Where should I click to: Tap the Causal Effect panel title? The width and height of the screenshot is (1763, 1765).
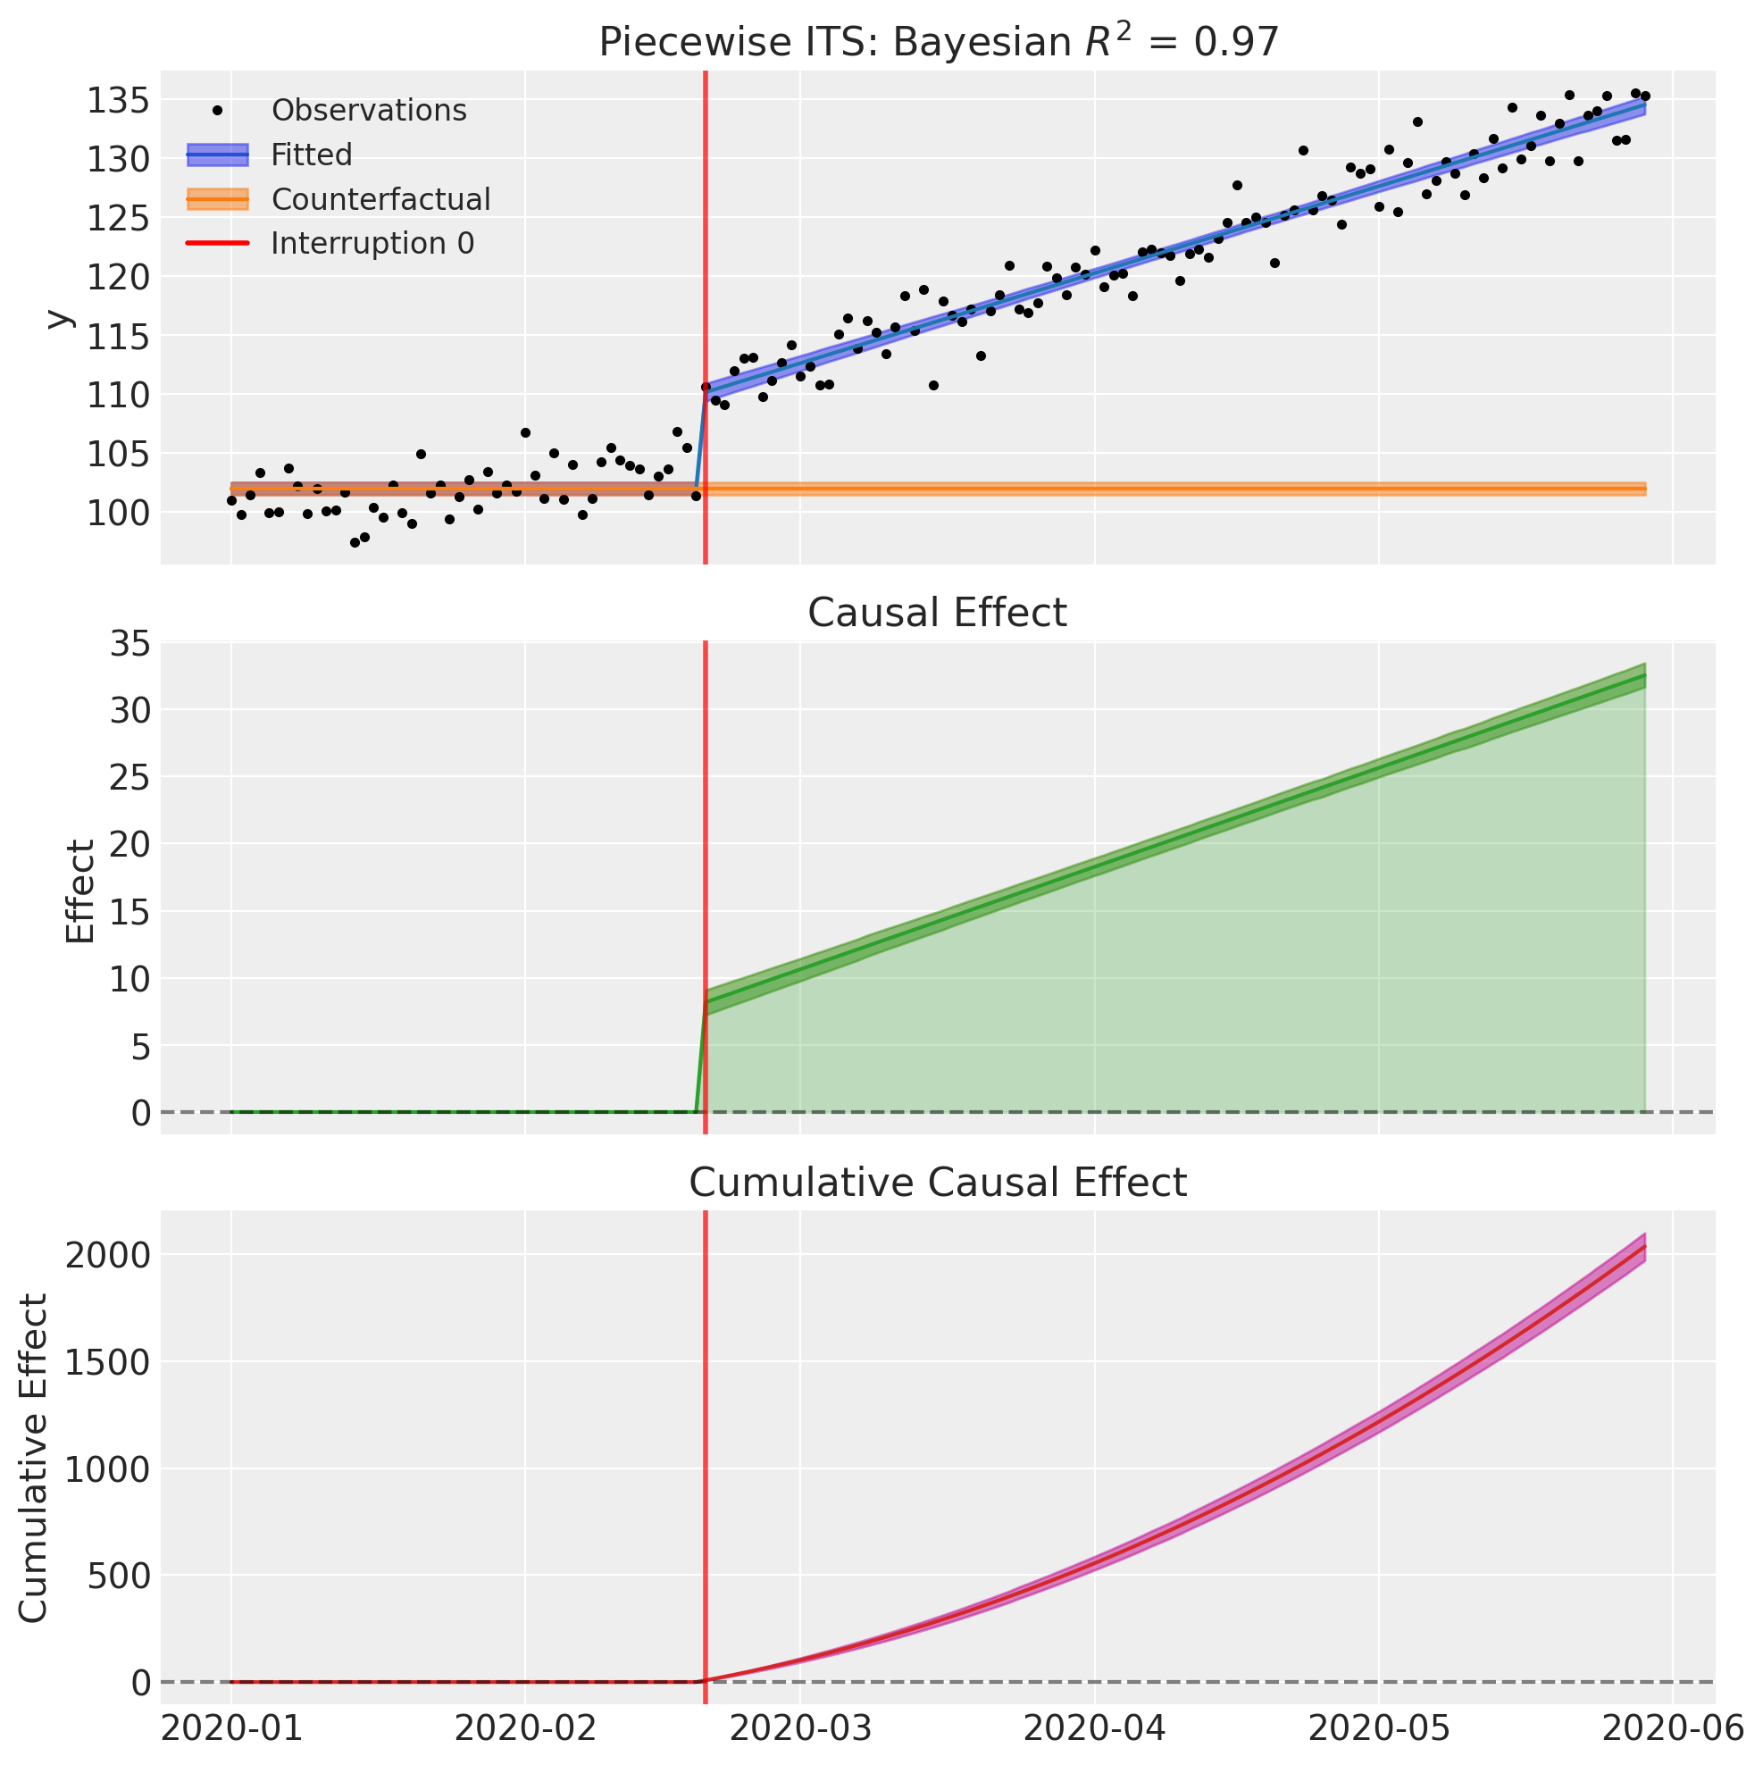click(x=937, y=613)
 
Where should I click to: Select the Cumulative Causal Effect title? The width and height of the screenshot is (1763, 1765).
click(x=937, y=1183)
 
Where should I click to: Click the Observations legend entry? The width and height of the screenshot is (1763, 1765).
click(x=368, y=111)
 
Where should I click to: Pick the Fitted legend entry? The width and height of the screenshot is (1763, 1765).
click(x=311, y=155)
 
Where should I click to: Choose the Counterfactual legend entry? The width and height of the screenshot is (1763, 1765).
click(x=380, y=199)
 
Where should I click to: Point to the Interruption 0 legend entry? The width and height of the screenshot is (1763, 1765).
click(x=372, y=244)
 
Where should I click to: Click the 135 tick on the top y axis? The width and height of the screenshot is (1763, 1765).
click(x=117, y=99)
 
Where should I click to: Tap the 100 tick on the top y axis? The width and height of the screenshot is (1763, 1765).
click(x=117, y=513)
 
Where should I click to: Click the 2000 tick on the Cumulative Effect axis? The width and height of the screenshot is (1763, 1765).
click(x=107, y=1255)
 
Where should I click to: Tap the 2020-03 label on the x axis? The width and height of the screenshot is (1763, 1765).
click(x=799, y=1728)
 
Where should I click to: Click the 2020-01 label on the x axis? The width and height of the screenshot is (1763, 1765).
click(x=231, y=1728)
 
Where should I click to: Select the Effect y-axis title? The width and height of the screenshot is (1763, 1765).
click(x=80, y=891)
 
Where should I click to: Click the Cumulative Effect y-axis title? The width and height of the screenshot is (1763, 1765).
click(x=34, y=1458)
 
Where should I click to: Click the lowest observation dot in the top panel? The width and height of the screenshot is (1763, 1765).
click(x=355, y=543)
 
